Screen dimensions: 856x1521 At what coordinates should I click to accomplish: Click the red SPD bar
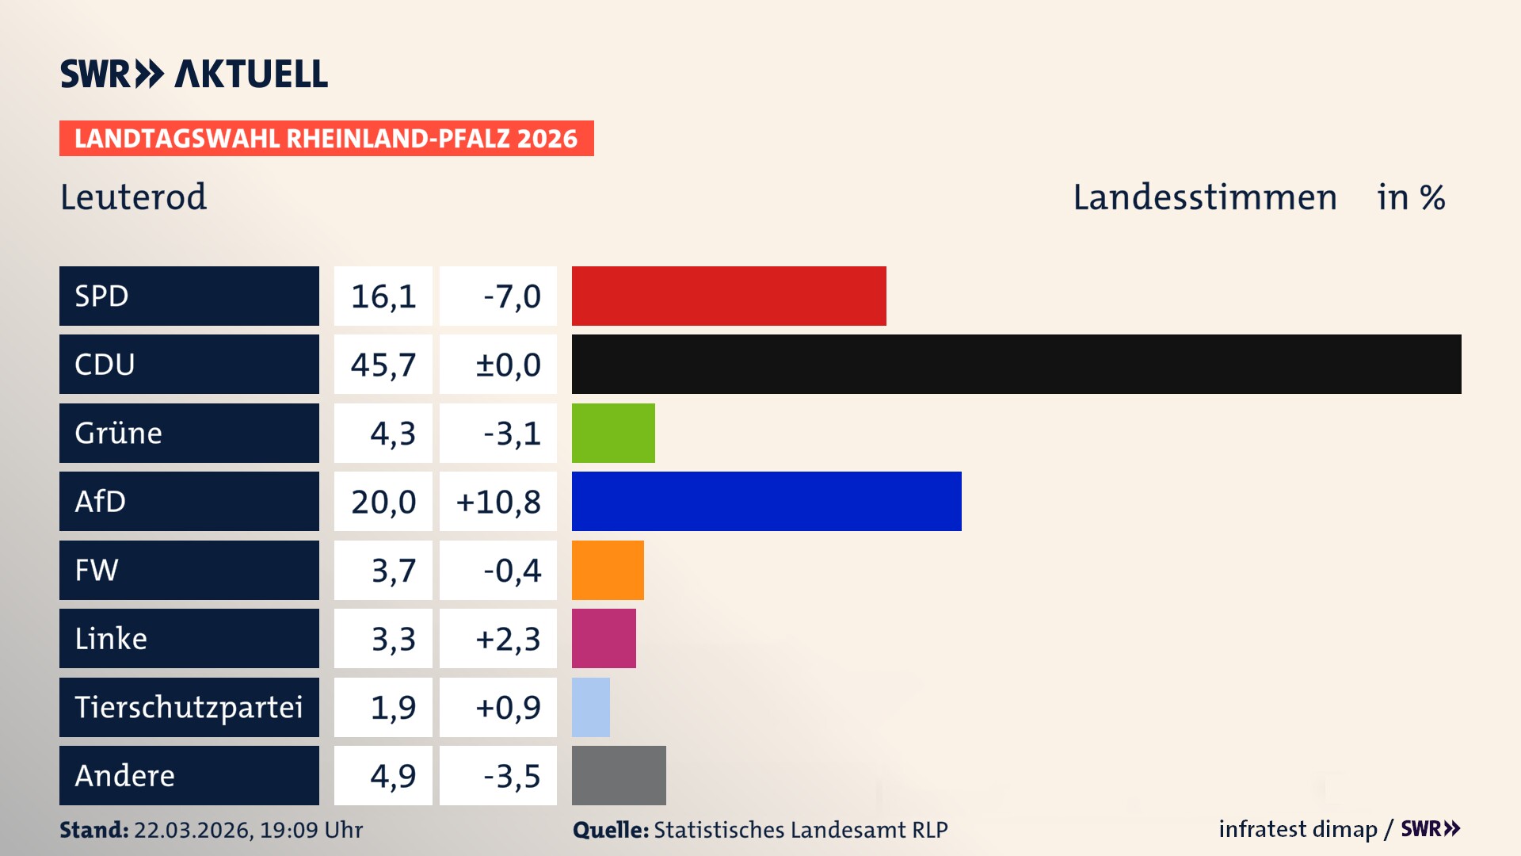click(729, 296)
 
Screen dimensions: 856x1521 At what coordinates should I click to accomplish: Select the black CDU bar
click(1016, 364)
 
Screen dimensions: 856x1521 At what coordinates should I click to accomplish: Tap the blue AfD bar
click(766, 501)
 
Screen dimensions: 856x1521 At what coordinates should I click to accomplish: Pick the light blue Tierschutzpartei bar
click(591, 707)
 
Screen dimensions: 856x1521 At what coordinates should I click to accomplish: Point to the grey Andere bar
click(619, 775)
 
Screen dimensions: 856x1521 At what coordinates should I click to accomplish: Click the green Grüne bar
click(613, 433)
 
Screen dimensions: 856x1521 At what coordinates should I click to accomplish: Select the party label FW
click(97, 570)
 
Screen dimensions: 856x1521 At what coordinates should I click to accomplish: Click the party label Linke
click(111, 638)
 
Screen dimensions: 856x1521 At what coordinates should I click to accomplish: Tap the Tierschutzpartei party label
click(189, 707)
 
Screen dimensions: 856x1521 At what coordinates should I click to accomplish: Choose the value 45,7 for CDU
click(383, 365)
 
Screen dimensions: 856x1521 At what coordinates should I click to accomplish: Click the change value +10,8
click(498, 502)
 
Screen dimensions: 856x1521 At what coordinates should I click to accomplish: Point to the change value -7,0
click(512, 296)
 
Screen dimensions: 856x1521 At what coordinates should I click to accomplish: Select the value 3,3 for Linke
click(393, 639)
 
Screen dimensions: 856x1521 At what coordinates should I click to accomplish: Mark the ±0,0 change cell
click(508, 365)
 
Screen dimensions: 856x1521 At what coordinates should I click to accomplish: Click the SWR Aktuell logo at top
click(194, 74)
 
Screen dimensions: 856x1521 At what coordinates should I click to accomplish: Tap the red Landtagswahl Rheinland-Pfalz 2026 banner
click(326, 139)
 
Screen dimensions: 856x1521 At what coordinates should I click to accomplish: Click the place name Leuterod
click(133, 197)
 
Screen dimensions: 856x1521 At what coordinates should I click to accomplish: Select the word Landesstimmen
click(1204, 197)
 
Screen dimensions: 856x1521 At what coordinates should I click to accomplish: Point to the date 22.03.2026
click(193, 830)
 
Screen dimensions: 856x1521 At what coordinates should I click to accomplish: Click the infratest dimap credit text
click(1298, 829)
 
